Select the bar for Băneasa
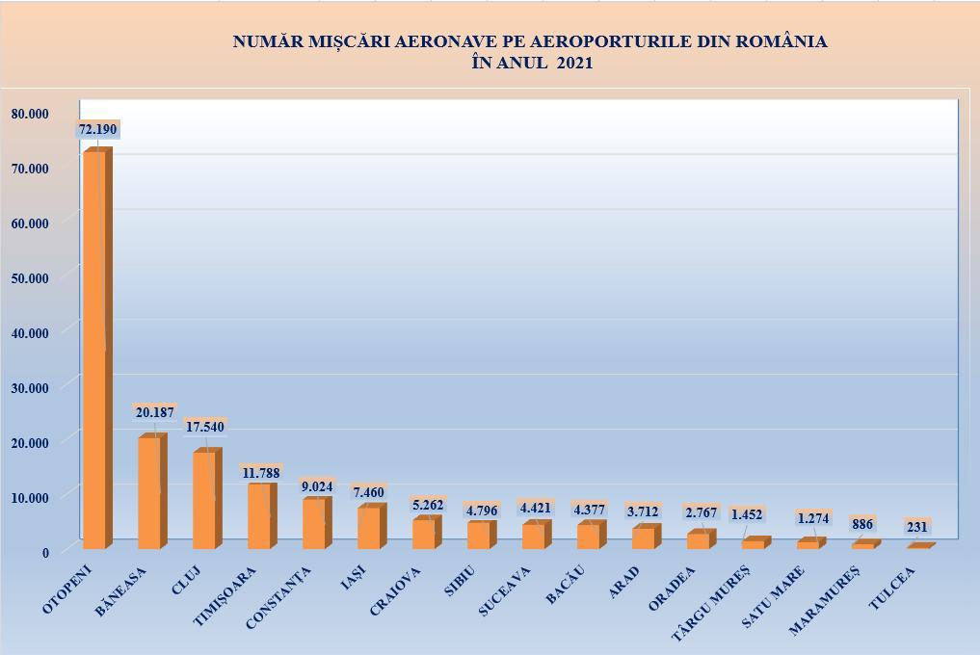tap(149, 493)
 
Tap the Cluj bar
tap(204, 501)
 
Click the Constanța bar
tap(314, 524)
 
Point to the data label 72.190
tap(97, 129)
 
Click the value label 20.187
tap(154, 412)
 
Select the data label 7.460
tap(369, 492)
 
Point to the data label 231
tap(918, 527)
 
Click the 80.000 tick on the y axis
tap(29, 113)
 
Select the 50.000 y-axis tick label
tap(29, 278)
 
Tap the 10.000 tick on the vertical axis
tap(29, 497)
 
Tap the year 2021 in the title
tap(574, 64)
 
